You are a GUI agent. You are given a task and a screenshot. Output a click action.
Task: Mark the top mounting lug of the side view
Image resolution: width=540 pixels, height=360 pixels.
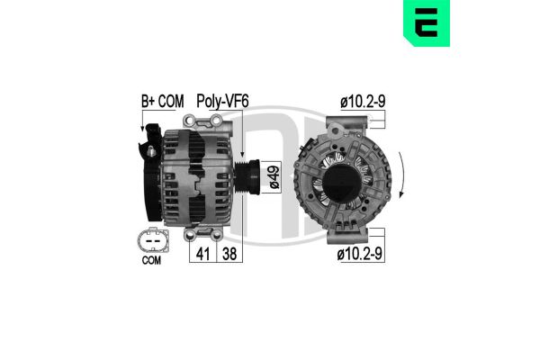(199, 121)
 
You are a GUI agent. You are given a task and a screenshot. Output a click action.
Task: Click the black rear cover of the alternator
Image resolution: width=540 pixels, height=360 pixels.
(148, 180)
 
